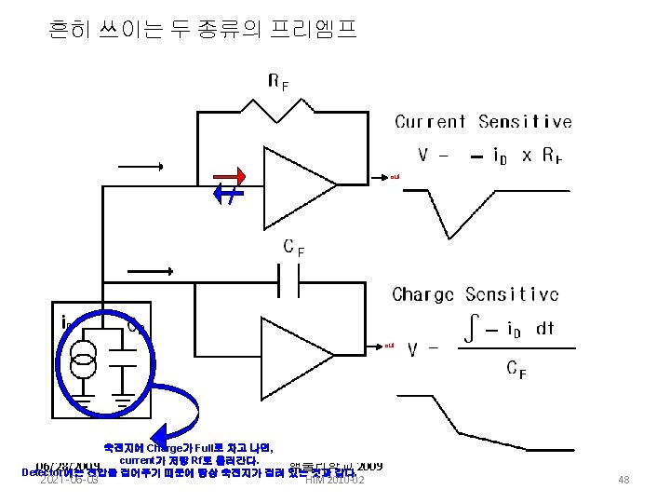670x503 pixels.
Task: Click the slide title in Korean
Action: click(x=202, y=31)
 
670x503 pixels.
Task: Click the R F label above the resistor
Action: click(x=277, y=82)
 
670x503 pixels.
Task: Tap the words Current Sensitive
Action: click(x=483, y=122)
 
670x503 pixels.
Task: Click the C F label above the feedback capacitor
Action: click(x=293, y=248)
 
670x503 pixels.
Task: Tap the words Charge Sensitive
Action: click(x=476, y=295)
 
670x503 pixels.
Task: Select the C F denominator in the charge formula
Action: click(x=515, y=370)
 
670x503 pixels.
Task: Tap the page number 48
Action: click(x=623, y=480)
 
